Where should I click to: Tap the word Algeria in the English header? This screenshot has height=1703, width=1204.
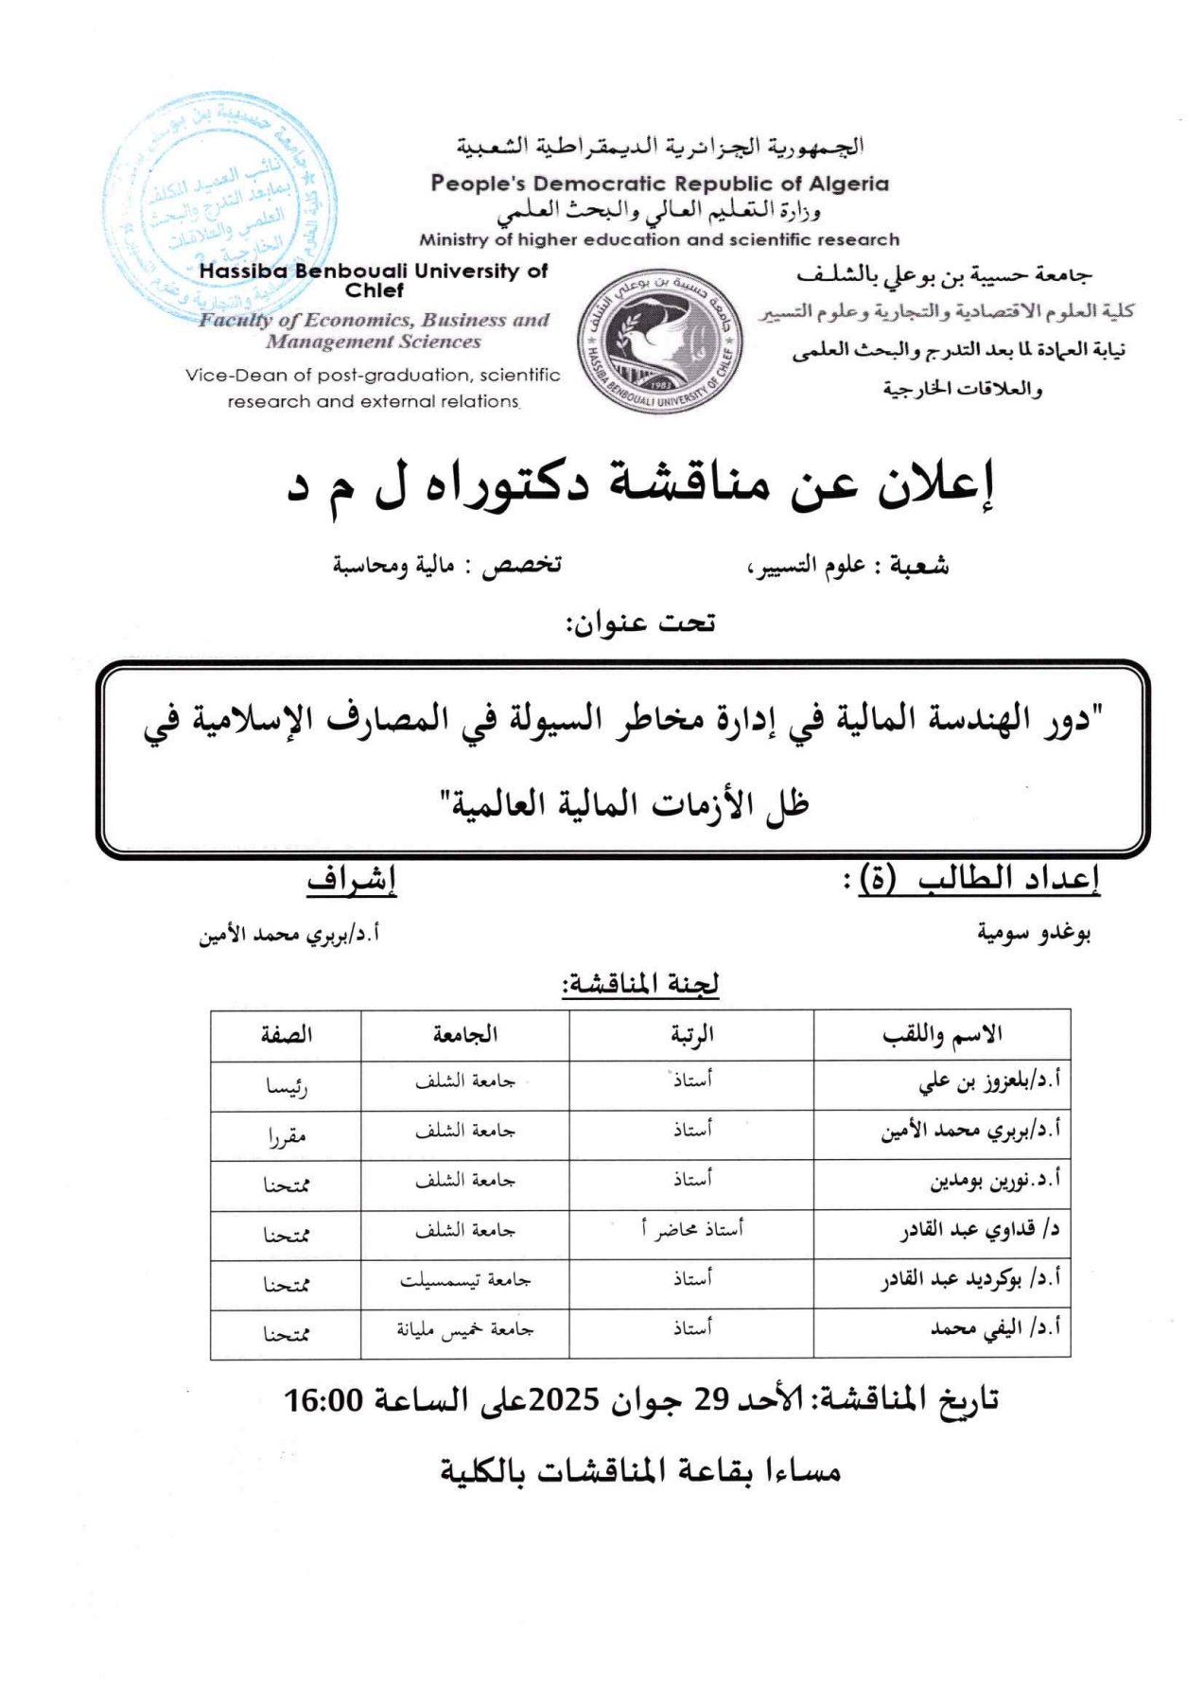[848, 184]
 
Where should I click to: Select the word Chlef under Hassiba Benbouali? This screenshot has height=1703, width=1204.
[375, 290]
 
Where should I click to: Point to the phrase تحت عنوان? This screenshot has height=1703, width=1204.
[640, 623]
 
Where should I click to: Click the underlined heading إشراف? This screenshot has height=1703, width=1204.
[351, 880]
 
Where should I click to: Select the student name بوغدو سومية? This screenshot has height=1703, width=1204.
[1034, 934]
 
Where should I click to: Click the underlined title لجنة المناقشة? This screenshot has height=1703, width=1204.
[640, 985]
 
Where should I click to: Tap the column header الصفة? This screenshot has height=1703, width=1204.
[287, 1035]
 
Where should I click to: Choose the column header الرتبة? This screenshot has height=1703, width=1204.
[692, 1035]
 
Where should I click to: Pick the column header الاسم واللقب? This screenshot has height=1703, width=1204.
[942, 1035]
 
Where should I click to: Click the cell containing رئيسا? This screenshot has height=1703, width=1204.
[287, 1087]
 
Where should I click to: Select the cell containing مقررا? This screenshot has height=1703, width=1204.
[287, 1136]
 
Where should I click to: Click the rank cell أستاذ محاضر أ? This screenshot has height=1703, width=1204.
[692, 1229]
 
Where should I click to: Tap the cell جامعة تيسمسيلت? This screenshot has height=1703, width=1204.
[465, 1280]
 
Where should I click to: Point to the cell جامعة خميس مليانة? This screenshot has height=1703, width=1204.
[465, 1329]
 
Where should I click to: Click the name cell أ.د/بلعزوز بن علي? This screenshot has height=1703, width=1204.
[989, 1081]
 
